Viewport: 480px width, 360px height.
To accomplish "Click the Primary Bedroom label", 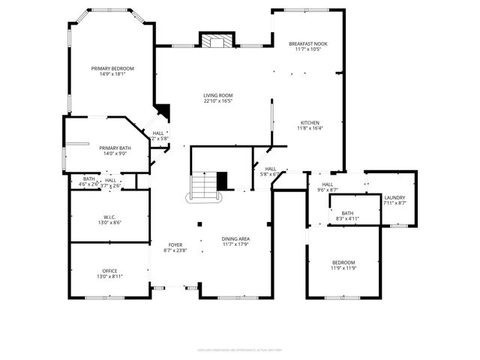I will pyautogui.click(x=107, y=68).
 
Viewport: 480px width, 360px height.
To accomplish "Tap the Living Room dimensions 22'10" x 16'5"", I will pyautogui.click(x=217, y=101).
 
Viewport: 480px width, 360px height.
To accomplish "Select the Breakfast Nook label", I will pyautogui.click(x=308, y=44).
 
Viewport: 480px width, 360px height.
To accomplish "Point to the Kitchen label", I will pyautogui.click(x=310, y=123).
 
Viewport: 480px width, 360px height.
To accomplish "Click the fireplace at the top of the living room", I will pyautogui.click(x=216, y=40).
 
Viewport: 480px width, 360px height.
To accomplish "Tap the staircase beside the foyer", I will pyautogui.click(x=202, y=185).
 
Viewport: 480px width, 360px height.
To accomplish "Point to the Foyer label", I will pyautogui.click(x=175, y=244).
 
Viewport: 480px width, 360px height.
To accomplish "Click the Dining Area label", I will pyautogui.click(x=235, y=238).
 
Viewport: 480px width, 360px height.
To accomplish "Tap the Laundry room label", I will pyautogui.click(x=394, y=197).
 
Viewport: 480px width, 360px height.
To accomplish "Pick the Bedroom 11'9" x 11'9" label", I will pyautogui.click(x=343, y=262).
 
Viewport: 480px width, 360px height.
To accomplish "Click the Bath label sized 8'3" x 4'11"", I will pyautogui.click(x=347, y=213).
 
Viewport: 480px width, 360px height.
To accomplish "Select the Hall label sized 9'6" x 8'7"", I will pyautogui.click(x=328, y=184).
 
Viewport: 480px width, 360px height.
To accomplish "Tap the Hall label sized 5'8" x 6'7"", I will pyautogui.click(x=270, y=169).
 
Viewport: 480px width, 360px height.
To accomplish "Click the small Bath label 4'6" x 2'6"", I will pyautogui.click(x=88, y=179).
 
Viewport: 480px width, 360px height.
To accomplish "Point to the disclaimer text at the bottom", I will pyautogui.click(x=239, y=349).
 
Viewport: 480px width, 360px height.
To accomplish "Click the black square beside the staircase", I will pyautogui.click(x=221, y=181).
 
